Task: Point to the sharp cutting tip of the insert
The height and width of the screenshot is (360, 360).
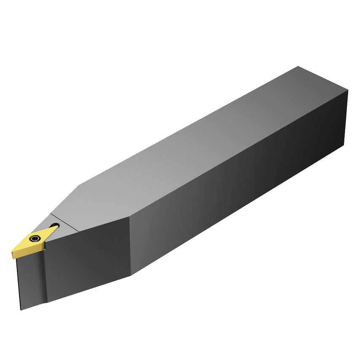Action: (13, 256)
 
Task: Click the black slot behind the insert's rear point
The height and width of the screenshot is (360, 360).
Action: (55, 227)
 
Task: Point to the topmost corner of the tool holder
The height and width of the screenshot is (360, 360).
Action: (298, 66)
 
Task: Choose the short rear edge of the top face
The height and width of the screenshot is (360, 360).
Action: (323, 78)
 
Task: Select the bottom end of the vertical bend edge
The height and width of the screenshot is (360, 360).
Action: (131, 275)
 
